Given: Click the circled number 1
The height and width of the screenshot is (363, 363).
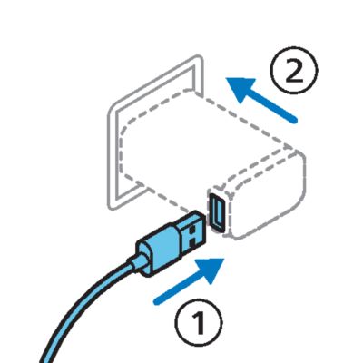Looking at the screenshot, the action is click(198, 322).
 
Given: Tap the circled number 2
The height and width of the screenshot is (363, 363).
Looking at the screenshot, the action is click(294, 70).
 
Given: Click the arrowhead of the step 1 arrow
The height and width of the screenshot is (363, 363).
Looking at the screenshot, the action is click(211, 270).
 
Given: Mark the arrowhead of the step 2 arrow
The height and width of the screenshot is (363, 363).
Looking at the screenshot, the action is click(240, 88).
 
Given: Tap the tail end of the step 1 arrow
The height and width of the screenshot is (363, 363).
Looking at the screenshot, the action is click(157, 301).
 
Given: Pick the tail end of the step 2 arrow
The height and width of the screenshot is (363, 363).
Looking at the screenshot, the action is click(294, 120).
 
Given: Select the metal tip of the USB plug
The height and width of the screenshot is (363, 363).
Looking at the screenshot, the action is click(190, 233).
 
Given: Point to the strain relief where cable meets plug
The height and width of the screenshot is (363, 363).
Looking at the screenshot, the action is click(139, 260).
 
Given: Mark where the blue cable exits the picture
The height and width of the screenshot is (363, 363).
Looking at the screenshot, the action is click(44, 360).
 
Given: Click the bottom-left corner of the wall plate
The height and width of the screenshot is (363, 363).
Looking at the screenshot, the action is click(112, 208).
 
